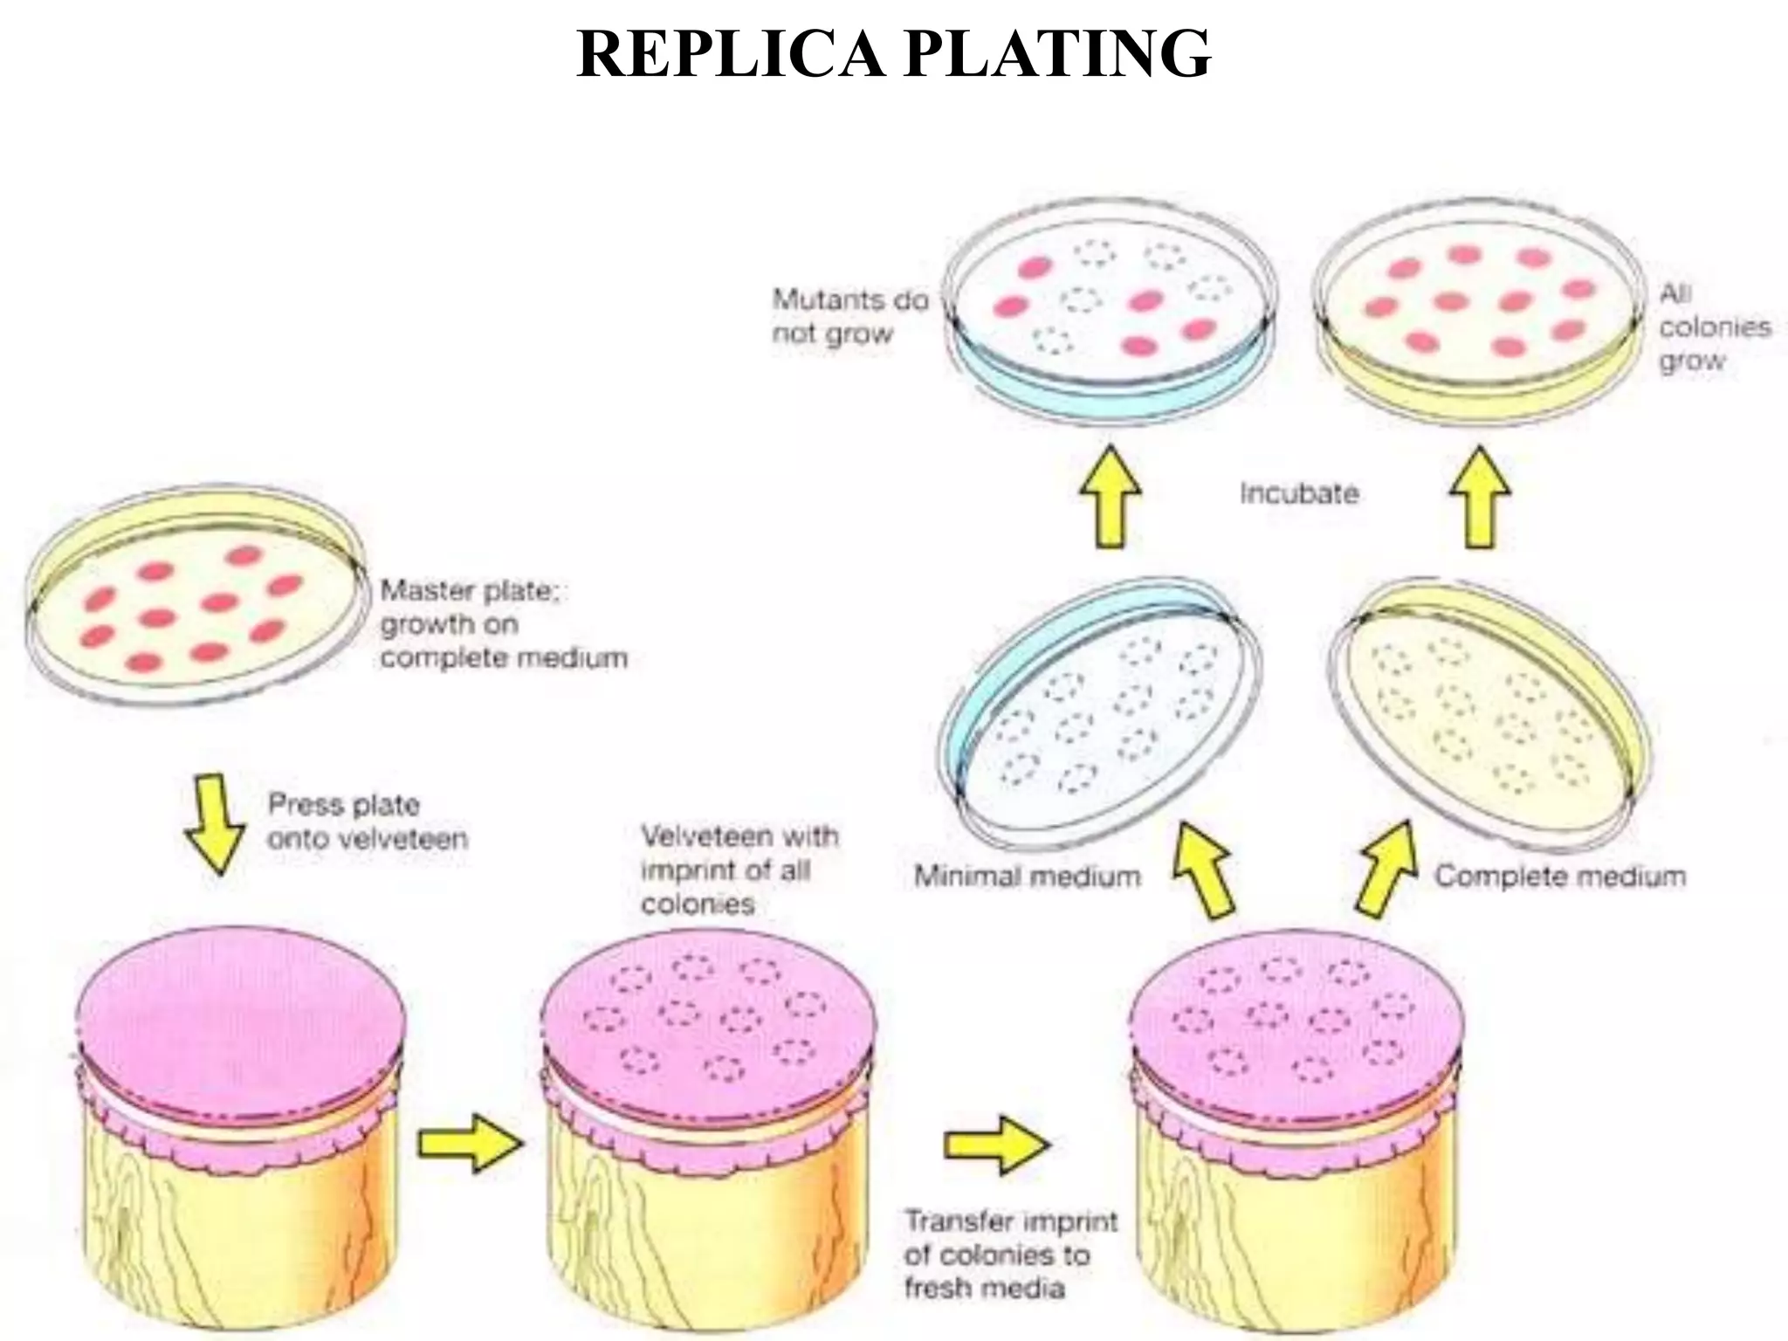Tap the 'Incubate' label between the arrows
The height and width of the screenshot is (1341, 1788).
[1299, 493]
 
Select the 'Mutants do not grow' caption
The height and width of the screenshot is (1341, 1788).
[848, 317]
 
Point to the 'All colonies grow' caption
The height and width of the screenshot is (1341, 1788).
[1713, 327]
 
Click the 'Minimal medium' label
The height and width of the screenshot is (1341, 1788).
[1027, 876]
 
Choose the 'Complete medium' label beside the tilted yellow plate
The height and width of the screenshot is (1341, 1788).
[1560, 876]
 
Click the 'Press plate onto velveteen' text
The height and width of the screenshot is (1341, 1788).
[367, 822]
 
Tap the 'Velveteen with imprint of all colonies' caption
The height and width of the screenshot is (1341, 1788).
[739, 870]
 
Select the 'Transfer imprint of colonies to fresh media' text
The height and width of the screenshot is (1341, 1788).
[1010, 1254]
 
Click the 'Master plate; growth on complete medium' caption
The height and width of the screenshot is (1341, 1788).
[503, 623]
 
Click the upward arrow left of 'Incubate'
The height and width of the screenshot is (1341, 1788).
[1110, 496]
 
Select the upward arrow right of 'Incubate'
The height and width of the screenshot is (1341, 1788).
[1481, 496]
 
